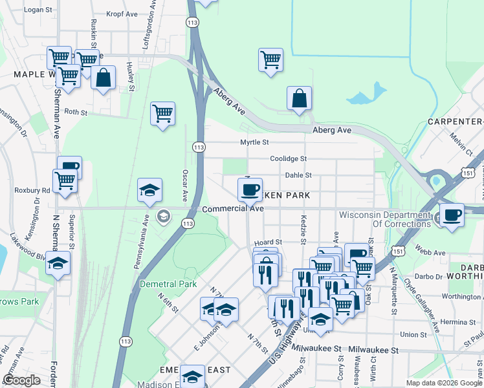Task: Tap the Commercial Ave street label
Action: (x=232, y=209)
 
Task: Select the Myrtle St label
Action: (x=254, y=142)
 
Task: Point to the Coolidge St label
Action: (x=287, y=158)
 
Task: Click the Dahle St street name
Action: (x=298, y=175)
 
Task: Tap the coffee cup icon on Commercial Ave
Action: (x=249, y=189)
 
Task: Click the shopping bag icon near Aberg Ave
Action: (x=299, y=98)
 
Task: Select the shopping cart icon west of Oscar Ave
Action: (x=162, y=114)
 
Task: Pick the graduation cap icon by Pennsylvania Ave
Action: (x=149, y=190)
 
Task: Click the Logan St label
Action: (x=37, y=10)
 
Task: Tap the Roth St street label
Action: (x=75, y=112)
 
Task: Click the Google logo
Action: (x=21, y=380)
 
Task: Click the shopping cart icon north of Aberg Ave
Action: (x=270, y=60)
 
